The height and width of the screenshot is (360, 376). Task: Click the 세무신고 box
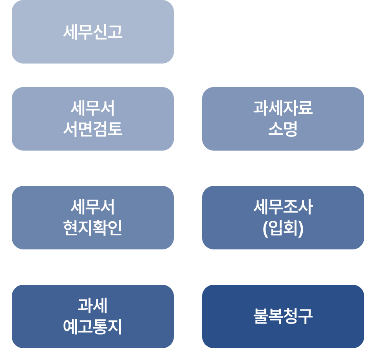92,32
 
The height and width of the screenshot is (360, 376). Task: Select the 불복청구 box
283,316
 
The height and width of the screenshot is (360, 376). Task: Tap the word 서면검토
92,129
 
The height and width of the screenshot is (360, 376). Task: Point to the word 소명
283,129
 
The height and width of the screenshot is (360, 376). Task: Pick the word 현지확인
92,228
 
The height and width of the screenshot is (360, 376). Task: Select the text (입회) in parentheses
283,228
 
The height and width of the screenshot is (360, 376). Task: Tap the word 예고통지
92,327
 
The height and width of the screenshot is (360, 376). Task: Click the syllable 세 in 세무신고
70,32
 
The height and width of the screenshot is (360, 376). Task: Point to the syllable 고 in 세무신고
115,32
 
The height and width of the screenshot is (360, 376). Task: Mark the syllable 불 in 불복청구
260,316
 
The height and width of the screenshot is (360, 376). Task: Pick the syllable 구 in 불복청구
305,316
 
